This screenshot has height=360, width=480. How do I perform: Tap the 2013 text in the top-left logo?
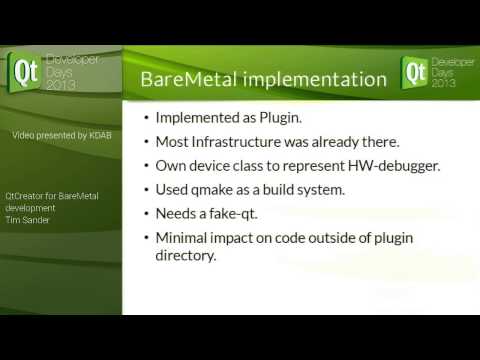[60, 85]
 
